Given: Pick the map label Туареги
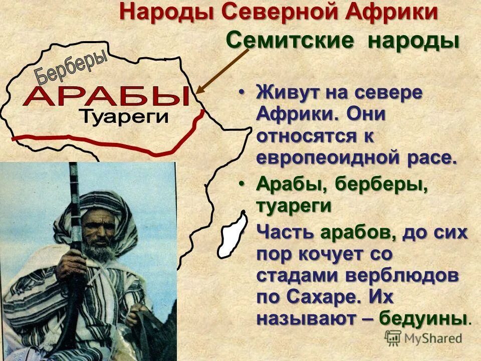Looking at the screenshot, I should pos(125,118).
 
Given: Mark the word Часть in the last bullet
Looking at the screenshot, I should pos(284,233).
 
